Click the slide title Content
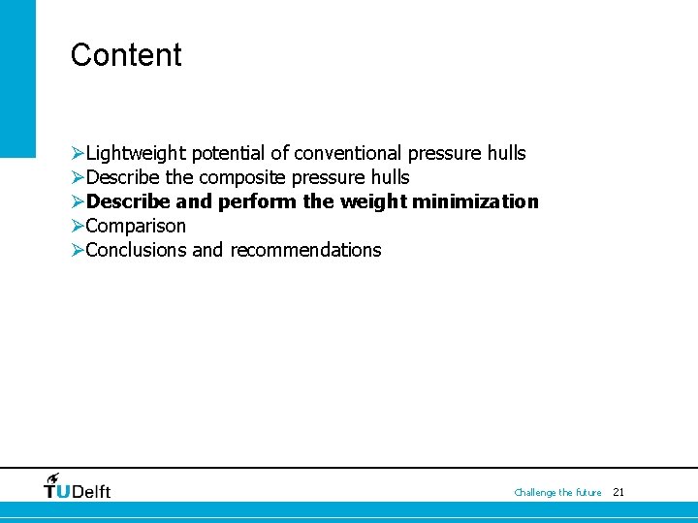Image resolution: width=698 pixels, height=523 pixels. (x=126, y=55)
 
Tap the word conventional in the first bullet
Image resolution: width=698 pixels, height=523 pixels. (x=348, y=153)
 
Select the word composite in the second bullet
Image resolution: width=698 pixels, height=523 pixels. (x=242, y=177)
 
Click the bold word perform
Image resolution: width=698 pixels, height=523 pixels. (x=254, y=201)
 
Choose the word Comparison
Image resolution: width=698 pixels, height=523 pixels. (x=136, y=226)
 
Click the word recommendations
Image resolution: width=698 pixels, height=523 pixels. (x=305, y=250)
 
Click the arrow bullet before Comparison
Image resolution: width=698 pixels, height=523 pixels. (x=78, y=226)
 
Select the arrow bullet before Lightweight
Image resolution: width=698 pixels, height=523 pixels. (x=78, y=153)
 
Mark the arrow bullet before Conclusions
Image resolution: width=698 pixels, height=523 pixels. (x=78, y=250)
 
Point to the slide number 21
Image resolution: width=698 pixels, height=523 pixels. (x=619, y=492)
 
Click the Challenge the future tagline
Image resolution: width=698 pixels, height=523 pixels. (x=557, y=493)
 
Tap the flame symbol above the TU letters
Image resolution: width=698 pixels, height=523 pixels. (x=52, y=477)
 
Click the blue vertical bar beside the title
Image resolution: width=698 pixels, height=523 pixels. (x=17, y=77)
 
